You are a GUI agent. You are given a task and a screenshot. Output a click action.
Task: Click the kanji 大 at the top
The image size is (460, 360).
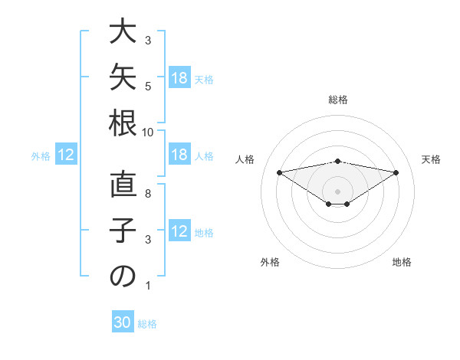click(123, 31)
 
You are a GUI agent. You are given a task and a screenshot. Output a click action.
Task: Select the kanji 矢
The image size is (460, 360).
click(123, 77)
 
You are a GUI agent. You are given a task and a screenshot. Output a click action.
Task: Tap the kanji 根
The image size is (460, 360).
click(123, 123)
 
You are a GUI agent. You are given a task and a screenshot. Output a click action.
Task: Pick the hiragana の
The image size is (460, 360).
click(123, 276)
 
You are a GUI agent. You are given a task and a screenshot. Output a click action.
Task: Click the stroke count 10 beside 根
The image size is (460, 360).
click(147, 133)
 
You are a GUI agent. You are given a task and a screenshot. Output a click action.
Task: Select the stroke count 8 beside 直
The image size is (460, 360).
click(148, 194)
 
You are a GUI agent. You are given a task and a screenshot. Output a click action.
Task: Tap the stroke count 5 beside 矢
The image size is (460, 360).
click(148, 87)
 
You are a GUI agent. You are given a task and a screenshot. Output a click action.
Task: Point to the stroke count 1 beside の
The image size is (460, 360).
click(148, 286)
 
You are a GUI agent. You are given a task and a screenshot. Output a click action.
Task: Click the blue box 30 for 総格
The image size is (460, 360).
click(123, 321)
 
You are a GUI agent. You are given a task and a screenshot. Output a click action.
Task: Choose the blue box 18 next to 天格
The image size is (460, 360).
click(180, 77)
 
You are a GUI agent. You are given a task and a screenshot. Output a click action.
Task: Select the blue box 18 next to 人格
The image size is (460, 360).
click(180, 154)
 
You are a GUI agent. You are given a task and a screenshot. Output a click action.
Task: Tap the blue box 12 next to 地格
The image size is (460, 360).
click(180, 230)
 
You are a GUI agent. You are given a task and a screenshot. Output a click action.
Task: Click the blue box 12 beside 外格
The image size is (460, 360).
click(66, 154)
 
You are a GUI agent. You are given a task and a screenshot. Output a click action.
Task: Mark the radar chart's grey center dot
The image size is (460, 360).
click(337, 191)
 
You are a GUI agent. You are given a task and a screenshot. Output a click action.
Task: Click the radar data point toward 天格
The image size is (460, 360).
click(396, 172)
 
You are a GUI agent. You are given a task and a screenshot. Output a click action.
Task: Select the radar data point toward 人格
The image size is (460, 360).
click(279, 172)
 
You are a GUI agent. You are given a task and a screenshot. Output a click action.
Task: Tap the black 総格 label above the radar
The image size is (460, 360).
click(338, 100)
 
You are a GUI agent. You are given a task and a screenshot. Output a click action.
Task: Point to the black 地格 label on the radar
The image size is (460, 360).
click(402, 262)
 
